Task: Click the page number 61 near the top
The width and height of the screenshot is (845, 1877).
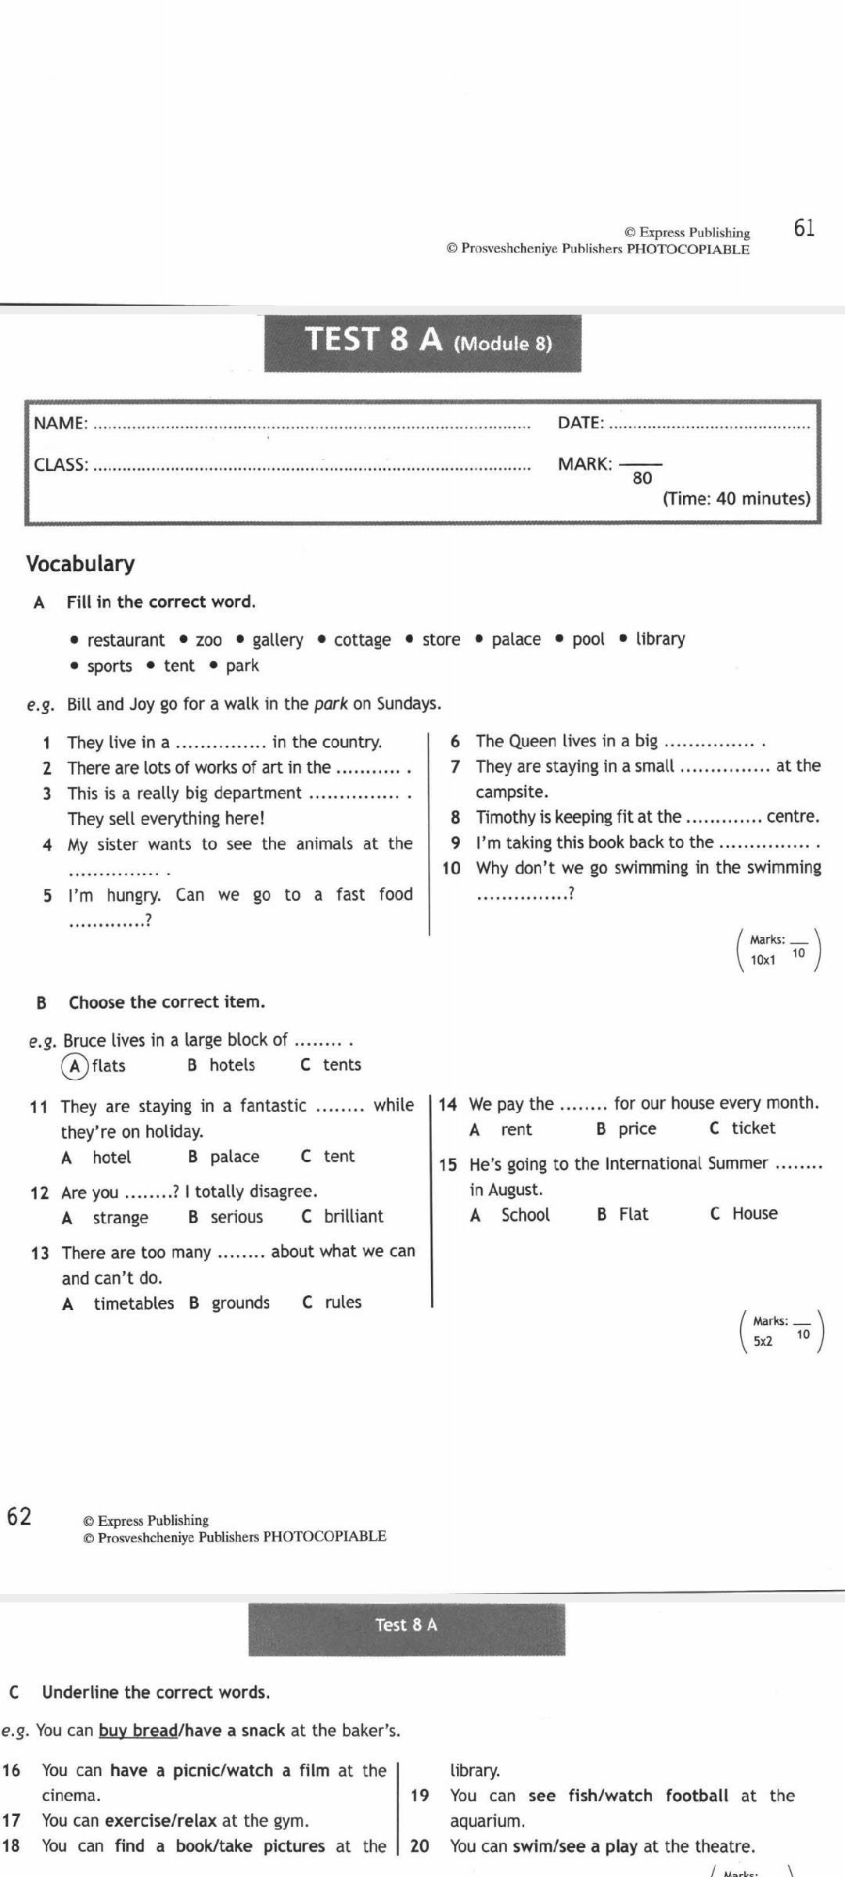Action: click(x=804, y=228)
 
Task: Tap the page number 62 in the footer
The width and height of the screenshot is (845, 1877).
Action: click(x=19, y=1516)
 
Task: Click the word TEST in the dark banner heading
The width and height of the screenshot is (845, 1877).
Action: click(x=342, y=339)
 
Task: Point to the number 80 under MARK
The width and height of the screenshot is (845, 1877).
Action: click(x=642, y=478)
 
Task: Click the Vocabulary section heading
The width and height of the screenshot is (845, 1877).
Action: click(x=80, y=564)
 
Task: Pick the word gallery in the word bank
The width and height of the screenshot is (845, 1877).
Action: click(x=277, y=640)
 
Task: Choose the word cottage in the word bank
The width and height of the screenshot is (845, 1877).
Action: click(x=362, y=640)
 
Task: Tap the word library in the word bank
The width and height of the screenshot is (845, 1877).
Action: click(x=660, y=639)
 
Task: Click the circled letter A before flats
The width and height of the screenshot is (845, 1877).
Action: click(x=74, y=1066)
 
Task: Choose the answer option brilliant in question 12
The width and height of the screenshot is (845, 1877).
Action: click(x=354, y=1216)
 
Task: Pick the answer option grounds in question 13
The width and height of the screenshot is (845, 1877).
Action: click(x=240, y=1303)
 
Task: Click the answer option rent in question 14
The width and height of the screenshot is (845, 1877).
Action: click(x=516, y=1129)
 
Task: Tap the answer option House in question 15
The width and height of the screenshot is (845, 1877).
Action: click(x=755, y=1214)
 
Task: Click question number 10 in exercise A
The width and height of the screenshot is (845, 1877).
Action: click(x=451, y=868)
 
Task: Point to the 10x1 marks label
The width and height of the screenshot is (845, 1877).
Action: click(x=763, y=960)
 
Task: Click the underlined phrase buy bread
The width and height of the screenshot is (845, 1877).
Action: click(x=138, y=1730)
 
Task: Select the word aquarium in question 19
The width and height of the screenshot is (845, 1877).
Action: click(x=486, y=1821)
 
